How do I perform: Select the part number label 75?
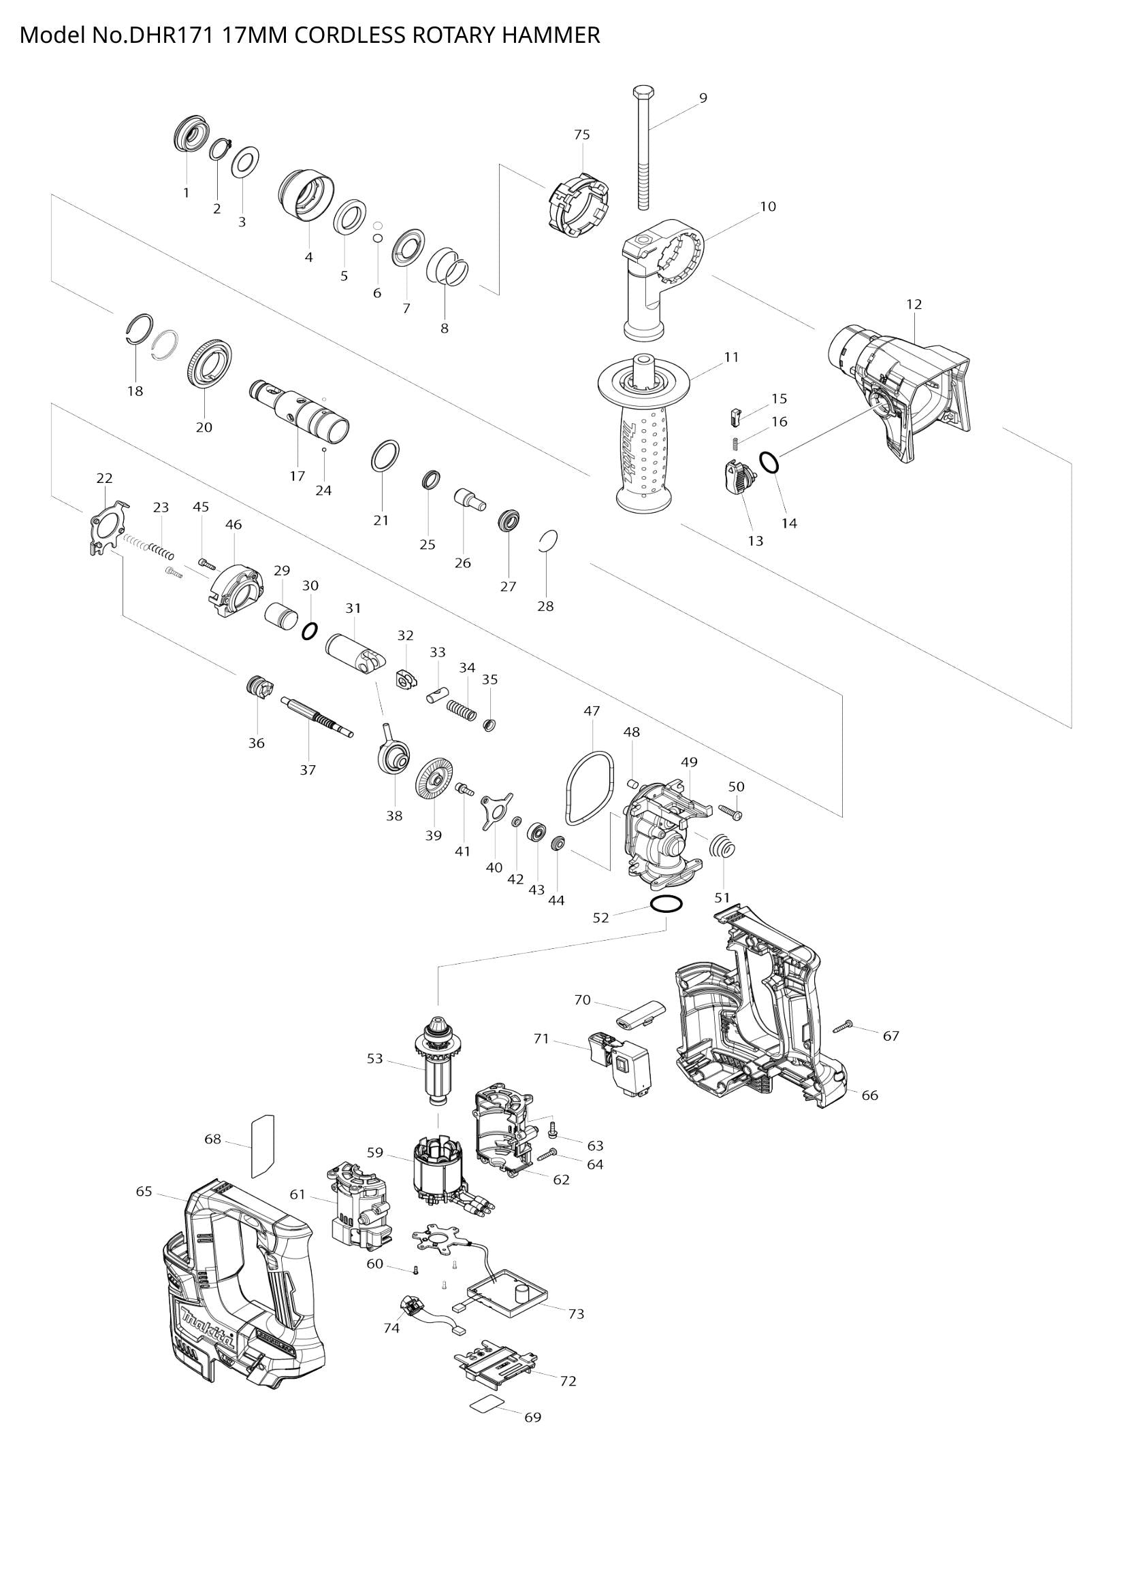[581, 135]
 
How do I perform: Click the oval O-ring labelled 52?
[666, 903]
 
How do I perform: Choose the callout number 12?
[914, 304]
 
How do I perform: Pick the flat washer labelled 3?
[245, 162]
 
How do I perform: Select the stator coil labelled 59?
[435, 1171]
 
